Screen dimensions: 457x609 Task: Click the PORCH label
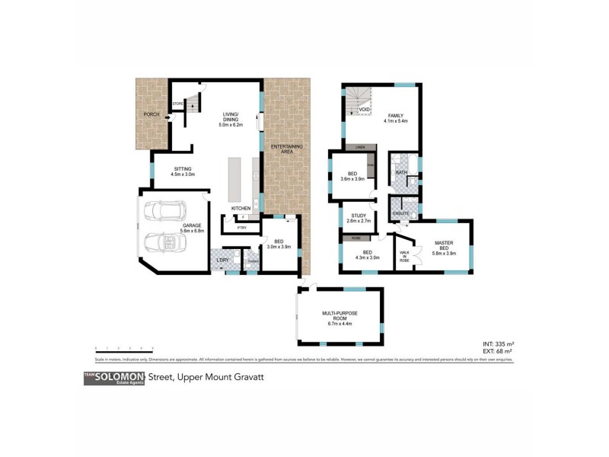point(151,116)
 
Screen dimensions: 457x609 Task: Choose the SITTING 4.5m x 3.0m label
point(183,171)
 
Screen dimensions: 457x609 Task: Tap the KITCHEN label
point(241,208)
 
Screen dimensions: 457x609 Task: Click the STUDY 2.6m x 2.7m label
point(356,218)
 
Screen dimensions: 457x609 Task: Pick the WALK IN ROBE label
point(404,254)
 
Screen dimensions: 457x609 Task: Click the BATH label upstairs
point(400,173)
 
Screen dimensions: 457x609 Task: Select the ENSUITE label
point(401,213)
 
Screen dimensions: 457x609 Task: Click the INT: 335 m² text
point(496,344)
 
